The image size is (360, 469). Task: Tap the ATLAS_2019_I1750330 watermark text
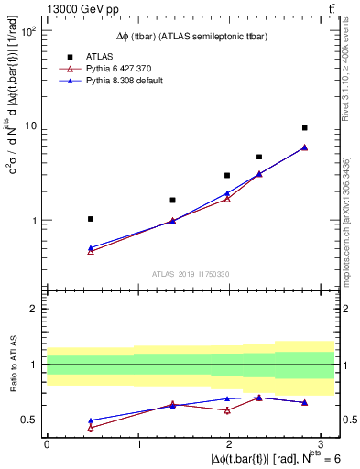click(190, 274)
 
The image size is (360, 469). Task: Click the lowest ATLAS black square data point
click(90, 219)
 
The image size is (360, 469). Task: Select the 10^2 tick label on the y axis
click(28, 31)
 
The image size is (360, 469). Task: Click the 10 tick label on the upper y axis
click(31, 125)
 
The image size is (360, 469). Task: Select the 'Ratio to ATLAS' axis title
click(12, 365)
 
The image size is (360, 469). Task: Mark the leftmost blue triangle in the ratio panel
click(90, 420)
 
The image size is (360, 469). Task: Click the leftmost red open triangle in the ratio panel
click(90, 428)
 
